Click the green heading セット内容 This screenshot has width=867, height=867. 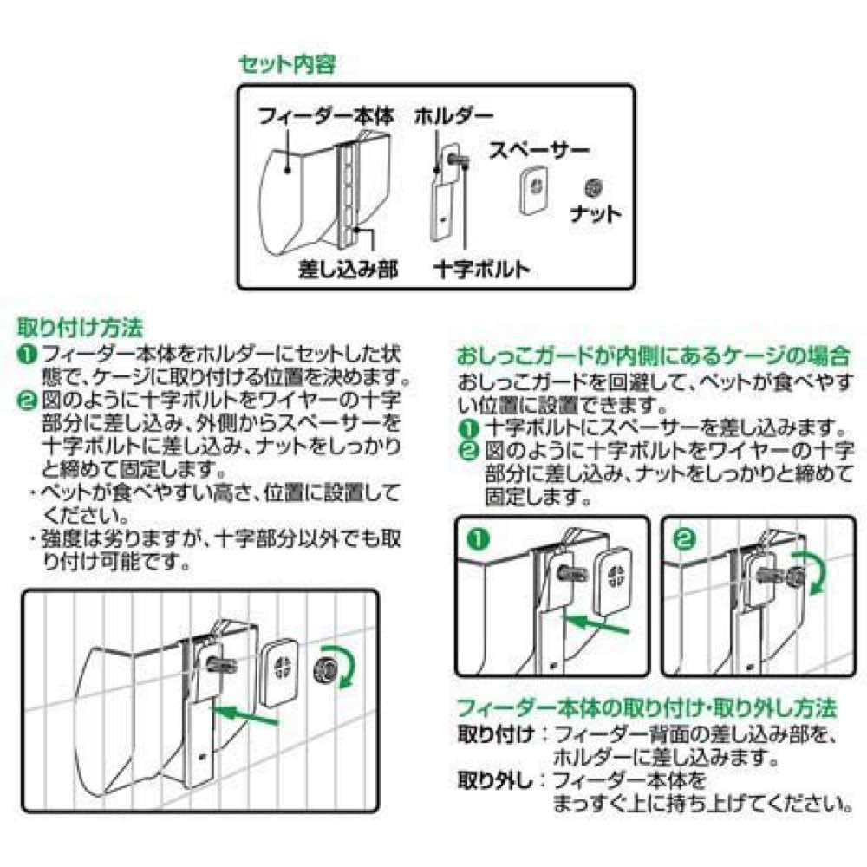pyautogui.click(x=287, y=65)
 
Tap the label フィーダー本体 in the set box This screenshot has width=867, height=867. pyautogui.click(x=326, y=117)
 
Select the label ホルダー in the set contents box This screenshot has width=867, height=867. pyautogui.click(x=453, y=117)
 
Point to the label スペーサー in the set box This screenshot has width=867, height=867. pyautogui.click(x=539, y=150)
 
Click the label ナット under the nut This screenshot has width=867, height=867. pyautogui.click(x=596, y=213)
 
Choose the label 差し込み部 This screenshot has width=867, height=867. pyautogui.click(x=349, y=270)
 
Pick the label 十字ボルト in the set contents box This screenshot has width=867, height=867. pyautogui.click(x=482, y=270)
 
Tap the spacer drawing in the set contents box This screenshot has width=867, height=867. pyautogui.click(x=534, y=190)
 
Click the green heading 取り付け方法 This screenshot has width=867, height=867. pyautogui.click(x=80, y=328)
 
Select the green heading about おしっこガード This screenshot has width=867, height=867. pyautogui.click(x=653, y=356)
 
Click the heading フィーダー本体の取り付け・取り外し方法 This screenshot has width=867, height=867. pyautogui.click(x=647, y=707)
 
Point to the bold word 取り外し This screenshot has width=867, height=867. pyautogui.click(x=495, y=781)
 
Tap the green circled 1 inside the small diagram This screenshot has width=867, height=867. pyautogui.click(x=479, y=538)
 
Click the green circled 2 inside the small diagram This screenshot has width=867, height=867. pyautogui.click(x=685, y=538)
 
